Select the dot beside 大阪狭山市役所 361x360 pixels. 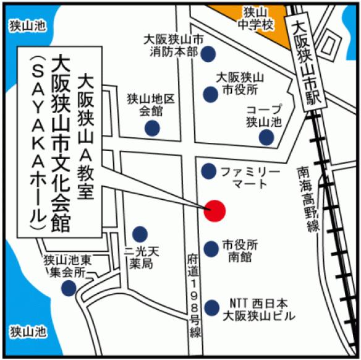[x=210, y=94]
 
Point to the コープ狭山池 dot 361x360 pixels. [x=266, y=137]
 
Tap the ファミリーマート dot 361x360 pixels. [x=209, y=170]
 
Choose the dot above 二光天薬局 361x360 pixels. [x=140, y=234]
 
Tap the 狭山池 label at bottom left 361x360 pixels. [x=28, y=332]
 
